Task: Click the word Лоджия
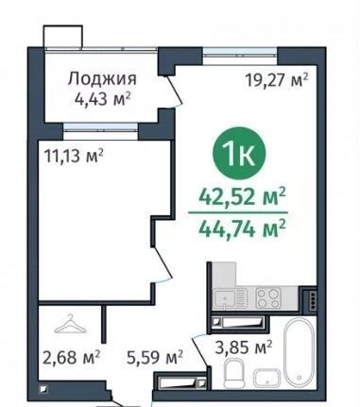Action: tap(102, 78)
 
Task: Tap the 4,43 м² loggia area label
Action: tap(102, 99)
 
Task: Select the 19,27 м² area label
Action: tap(276, 80)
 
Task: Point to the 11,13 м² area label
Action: tap(74, 155)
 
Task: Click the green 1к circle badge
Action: tap(239, 153)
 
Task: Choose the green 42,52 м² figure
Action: tap(242, 197)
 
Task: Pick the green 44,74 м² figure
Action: tap(242, 229)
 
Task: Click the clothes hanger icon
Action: tap(70, 324)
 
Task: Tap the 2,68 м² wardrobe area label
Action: tap(71, 357)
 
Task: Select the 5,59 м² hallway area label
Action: tap(155, 357)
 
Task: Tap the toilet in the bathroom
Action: tap(233, 374)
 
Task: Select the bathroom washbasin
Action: tap(267, 378)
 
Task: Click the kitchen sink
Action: tap(224, 297)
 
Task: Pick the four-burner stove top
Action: tap(268, 298)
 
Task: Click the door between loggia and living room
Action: tap(173, 92)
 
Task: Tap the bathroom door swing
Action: tap(199, 351)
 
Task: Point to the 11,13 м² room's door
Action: tap(163, 263)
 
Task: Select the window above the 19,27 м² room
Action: tap(240, 51)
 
